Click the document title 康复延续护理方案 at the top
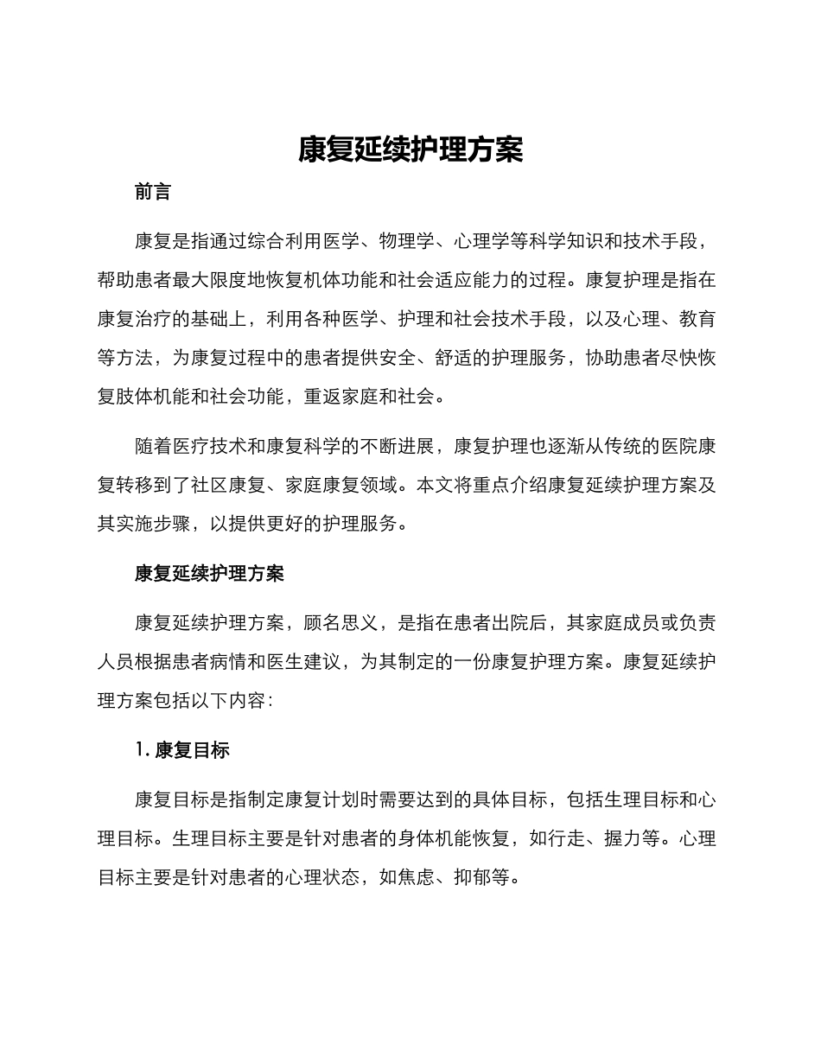[410, 150]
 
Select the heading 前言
[153, 193]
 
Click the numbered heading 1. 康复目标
[182, 751]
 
